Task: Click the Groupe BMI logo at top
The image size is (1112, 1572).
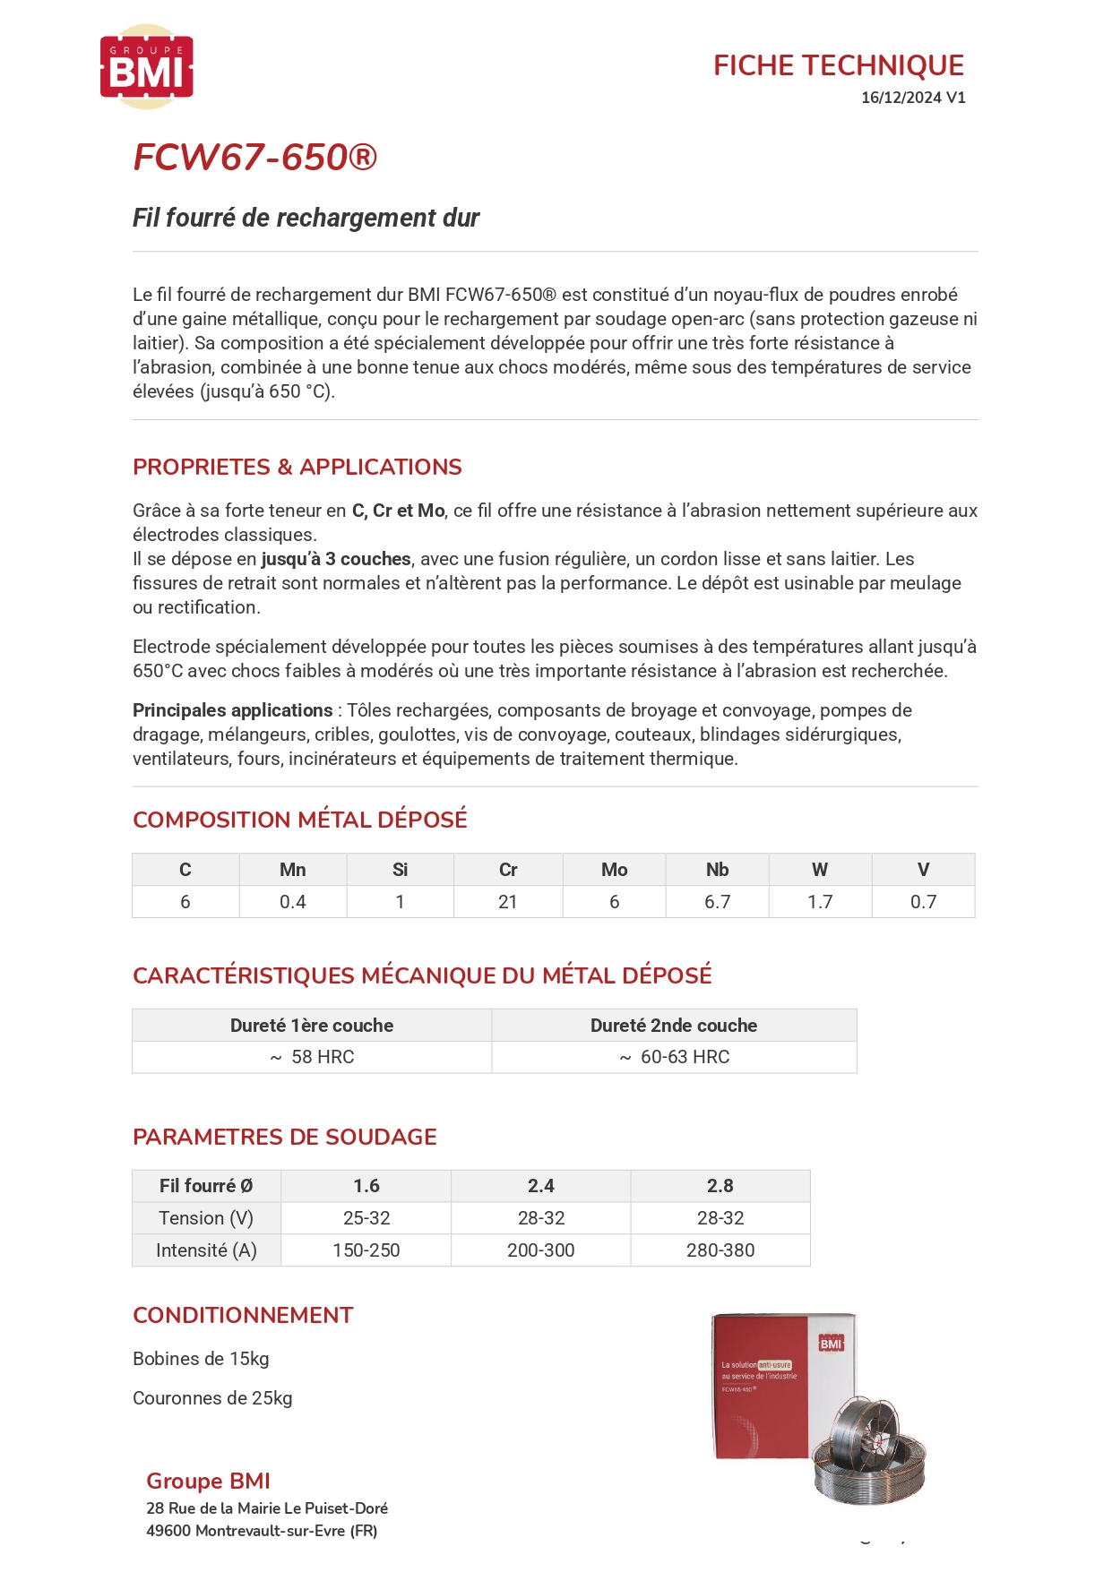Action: pyautogui.click(x=146, y=67)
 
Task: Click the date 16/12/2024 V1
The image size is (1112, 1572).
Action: pyautogui.click(x=912, y=98)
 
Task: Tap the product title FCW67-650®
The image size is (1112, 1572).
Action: pyautogui.click(x=254, y=158)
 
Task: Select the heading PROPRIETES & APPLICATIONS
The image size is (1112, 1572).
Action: pyautogui.click(x=297, y=467)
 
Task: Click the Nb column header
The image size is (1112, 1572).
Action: pyautogui.click(x=717, y=870)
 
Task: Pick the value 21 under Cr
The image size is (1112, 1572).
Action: pyautogui.click(x=507, y=902)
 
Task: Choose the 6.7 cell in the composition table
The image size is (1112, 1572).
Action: pyautogui.click(x=717, y=902)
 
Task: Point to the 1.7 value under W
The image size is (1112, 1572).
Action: pyautogui.click(x=820, y=902)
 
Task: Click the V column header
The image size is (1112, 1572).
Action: pyautogui.click(x=923, y=870)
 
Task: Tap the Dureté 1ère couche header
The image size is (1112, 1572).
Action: pyautogui.click(x=311, y=1026)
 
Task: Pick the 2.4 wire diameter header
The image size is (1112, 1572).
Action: pyautogui.click(x=540, y=1186)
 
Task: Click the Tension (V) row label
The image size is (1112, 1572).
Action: pyautogui.click(x=206, y=1218)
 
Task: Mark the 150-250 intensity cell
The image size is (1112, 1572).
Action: pyautogui.click(x=366, y=1250)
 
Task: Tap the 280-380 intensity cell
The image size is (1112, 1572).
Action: pyautogui.click(x=720, y=1250)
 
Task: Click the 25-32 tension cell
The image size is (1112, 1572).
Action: pyautogui.click(x=366, y=1218)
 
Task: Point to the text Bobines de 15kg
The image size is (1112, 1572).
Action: pyautogui.click(x=201, y=1359)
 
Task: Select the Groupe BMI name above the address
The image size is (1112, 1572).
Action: pyautogui.click(x=208, y=1482)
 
